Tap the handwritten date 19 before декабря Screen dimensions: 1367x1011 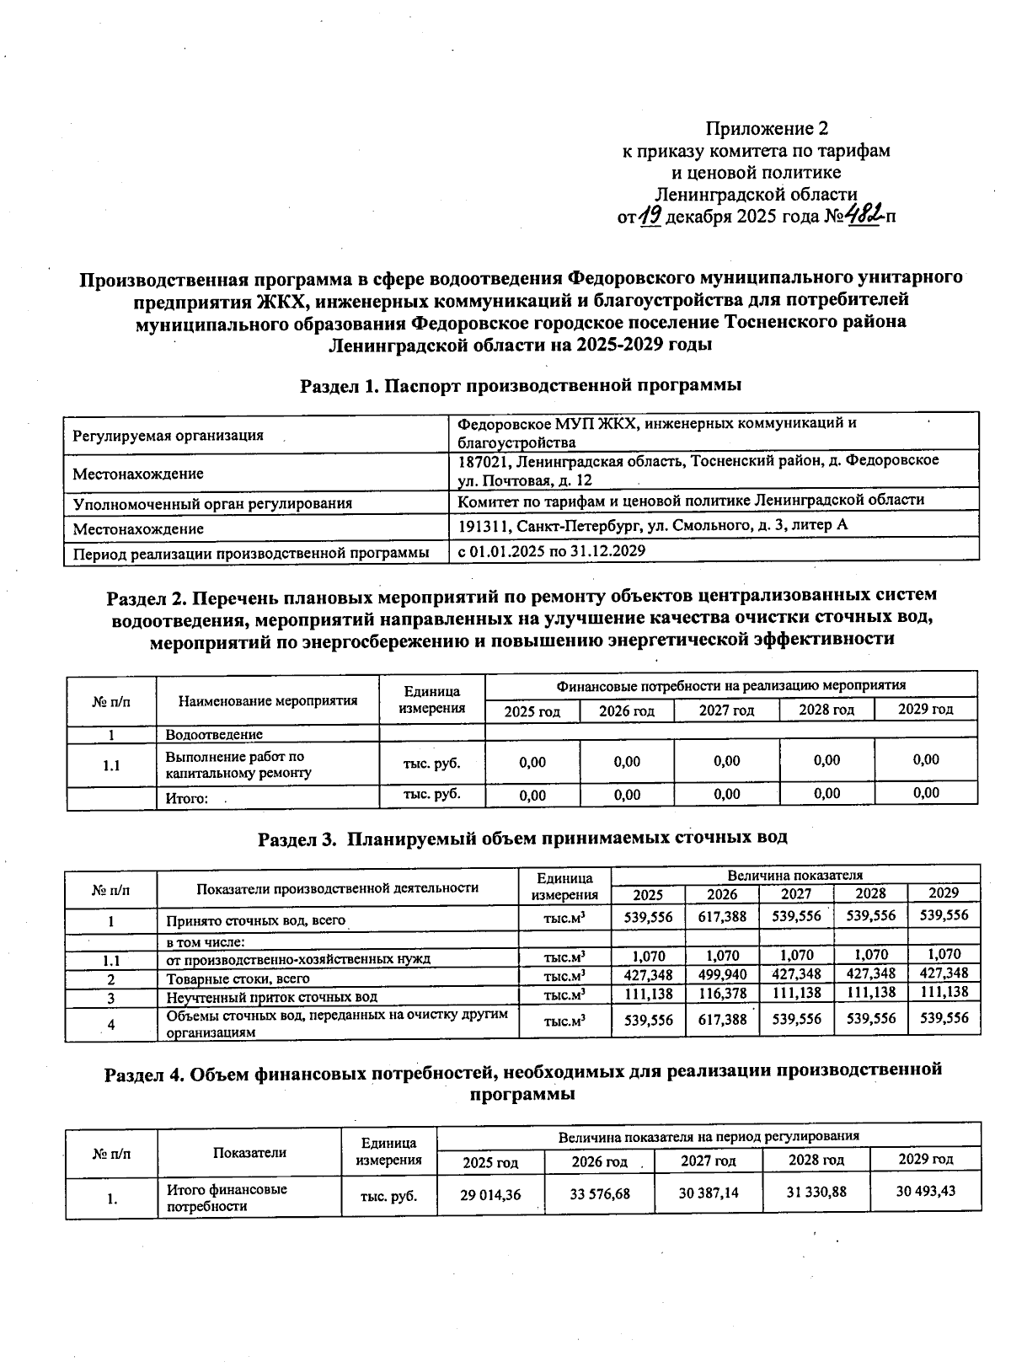tap(650, 217)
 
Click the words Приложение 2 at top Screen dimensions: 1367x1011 tap(767, 129)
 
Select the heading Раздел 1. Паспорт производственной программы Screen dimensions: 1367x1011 tap(521, 386)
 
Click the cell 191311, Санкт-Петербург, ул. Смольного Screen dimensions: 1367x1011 tap(652, 526)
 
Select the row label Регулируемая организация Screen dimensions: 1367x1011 tap(168, 436)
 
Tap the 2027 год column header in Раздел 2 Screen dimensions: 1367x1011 tap(726, 710)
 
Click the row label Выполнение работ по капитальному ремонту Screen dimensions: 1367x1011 tap(238, 764)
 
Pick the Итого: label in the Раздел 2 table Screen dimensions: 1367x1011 tap(186, 797)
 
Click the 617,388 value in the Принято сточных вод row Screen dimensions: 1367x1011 tap(722, 916)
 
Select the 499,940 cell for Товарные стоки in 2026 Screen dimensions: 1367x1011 tap(722, 978)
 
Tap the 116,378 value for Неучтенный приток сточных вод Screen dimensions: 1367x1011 tap(722, 994)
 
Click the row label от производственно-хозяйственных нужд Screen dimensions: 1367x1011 tap(297, 958)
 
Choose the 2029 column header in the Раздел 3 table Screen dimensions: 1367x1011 tap(944, 893)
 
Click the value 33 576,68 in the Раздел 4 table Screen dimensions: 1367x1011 tap(599, 1194)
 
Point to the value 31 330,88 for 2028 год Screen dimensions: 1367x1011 tap(816, 1192)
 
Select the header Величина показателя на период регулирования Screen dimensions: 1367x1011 tap(709, 1136)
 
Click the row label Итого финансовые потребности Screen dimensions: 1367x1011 tap(226, 1198)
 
